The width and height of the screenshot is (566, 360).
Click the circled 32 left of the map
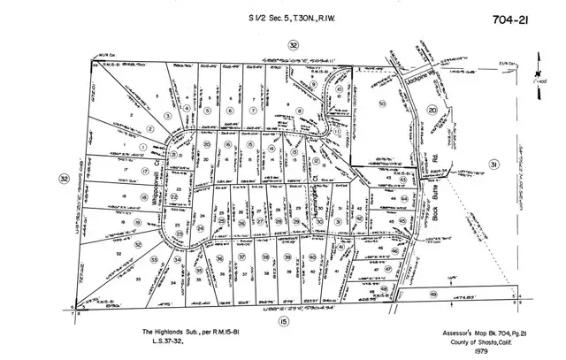click(x=64, y=178)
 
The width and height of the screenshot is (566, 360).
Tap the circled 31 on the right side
click(x=493, y=165)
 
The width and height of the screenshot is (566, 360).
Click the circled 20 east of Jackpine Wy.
click(x=432, y=110)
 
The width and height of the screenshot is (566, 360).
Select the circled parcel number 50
click(x=382, y=104)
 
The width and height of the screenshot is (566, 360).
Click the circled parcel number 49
click(x=433, y=294)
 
